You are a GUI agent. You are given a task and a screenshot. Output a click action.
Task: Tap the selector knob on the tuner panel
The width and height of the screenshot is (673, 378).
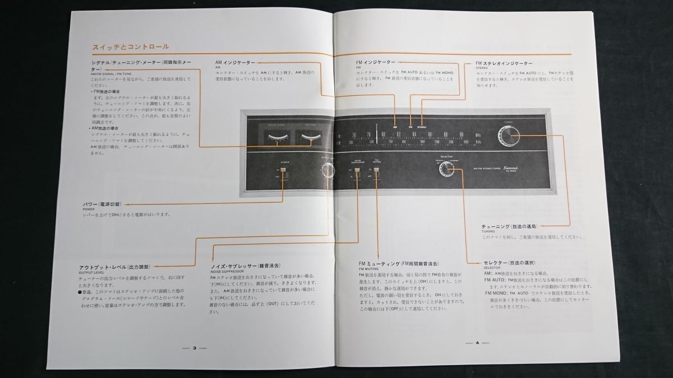[447, 168]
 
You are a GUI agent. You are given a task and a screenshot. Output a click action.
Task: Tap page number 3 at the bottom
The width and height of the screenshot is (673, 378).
[194, 347]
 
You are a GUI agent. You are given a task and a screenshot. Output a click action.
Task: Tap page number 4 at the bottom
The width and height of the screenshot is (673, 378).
[477, 343]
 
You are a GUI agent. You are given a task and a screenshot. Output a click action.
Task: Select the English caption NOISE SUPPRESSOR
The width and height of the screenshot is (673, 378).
[225, 273]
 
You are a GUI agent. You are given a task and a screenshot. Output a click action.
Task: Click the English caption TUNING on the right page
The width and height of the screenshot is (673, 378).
[489, 231]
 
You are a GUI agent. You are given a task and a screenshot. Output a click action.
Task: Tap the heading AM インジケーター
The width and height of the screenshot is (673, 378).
[234, 62]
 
